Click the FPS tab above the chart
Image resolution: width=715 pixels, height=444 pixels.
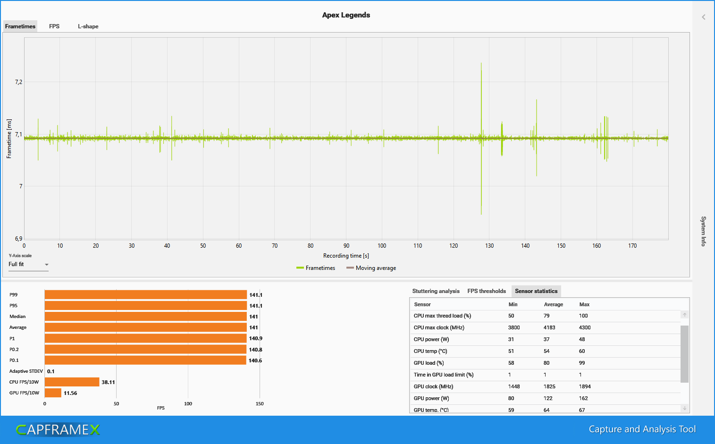[x=54, y=26]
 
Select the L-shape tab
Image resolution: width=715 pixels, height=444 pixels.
[x=88, y=26]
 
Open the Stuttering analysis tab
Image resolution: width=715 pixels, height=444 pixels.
[x=436, y=291]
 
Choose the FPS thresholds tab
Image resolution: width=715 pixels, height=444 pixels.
[x=487, y=291]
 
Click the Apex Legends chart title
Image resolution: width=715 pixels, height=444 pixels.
[x=346, y=15]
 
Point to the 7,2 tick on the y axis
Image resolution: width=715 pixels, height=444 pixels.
[x=18, y=82]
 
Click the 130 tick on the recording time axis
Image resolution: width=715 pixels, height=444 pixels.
[x=489, y=246]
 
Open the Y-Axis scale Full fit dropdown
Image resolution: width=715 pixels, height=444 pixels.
[x=28, y=265]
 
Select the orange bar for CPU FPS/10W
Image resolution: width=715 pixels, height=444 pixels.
[x=72, y=382]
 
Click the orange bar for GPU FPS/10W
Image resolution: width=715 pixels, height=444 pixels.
[x=53, y=393]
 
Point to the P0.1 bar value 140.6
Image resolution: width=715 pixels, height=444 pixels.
[x=255, y=360]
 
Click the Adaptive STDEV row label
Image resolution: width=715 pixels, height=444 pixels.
[x=26, y=371]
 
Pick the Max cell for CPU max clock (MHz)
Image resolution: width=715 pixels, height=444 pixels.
[x=585, y=327]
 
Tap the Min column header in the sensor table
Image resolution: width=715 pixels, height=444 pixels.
[x=513, y=304]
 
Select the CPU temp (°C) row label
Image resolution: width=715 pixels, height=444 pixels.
[x=430, y=351]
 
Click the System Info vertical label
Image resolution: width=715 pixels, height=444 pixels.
[x=703, y=231]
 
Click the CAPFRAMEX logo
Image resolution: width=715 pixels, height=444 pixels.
[x=58, y=429]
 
